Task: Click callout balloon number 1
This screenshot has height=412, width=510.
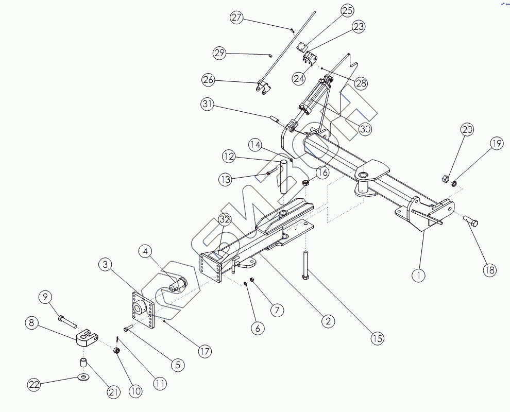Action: [419, 275]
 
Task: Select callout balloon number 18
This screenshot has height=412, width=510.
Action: [490, 269]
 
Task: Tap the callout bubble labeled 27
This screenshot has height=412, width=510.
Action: [236, 18]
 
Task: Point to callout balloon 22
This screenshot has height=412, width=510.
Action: [34, 384]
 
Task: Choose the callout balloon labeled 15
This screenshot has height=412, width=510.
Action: [377, 338]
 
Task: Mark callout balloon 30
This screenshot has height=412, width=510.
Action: [365, 129]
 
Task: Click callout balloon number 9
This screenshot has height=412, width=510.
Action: [46, 297]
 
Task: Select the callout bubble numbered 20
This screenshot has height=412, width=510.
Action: [467, 129]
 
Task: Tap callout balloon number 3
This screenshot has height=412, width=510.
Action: [105, 265]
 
